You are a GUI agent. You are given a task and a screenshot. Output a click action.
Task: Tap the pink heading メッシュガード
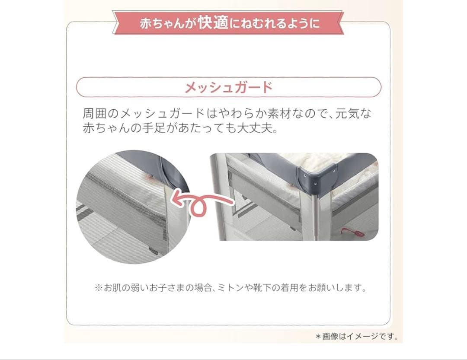click(228, 87)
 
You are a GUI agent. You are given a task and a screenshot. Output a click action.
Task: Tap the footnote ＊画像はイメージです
click(357, 336)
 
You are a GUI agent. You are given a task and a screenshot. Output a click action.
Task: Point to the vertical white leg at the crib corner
click(319, 216)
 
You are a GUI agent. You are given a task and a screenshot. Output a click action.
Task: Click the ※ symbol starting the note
click(99, 288)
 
